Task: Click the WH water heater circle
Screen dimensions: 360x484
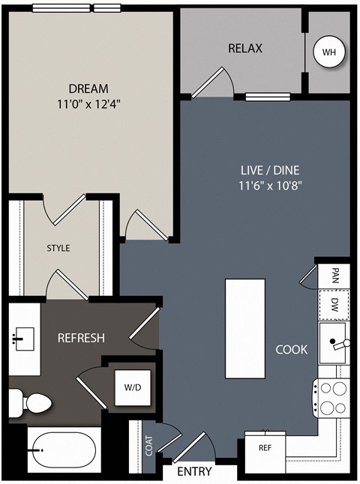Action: click(x=328, y=52)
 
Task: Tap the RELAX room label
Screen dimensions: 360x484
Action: click(x=245, y=48)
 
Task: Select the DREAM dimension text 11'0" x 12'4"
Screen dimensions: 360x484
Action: click(x=88, y=104)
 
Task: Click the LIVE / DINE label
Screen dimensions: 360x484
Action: click(x=270, y=170)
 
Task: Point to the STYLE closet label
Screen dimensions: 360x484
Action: click(x=58, y=248)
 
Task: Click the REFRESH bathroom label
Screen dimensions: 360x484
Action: click(x=81, y=338)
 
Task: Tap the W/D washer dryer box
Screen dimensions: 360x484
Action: click(x=133, y=387)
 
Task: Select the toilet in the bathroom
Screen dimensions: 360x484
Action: click(x=30, y=402)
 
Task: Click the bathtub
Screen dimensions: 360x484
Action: click(x=64, y=450)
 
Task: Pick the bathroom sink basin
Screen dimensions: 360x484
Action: click(x=23, y=339)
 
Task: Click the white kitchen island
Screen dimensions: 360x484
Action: click(x=245, y=328)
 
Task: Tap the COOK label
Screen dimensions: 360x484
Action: click(x=292, y=349)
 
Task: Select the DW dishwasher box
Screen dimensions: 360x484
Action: click(x=334, y=305)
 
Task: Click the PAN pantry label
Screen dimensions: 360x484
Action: click(x=334, y=276)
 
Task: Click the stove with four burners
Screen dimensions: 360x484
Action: click(x=331, y=398)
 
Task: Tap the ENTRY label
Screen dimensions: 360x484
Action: click(x=194, y=472)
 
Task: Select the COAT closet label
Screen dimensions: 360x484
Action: click(x=149, y=446)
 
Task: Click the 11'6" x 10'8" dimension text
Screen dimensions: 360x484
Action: click(x=270, y=186)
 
